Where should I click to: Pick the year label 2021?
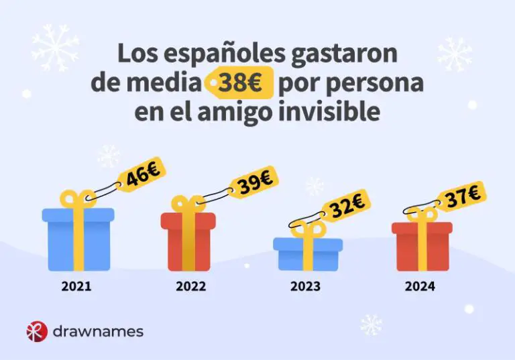coord(76,287)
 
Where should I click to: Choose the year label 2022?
coord(191,287)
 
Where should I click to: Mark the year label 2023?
coord(305,287)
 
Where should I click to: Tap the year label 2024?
coord(420,287)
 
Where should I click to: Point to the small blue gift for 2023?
coord(308,253)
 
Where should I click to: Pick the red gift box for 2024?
coord(421,245)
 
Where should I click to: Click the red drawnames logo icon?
coord(36,331)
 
